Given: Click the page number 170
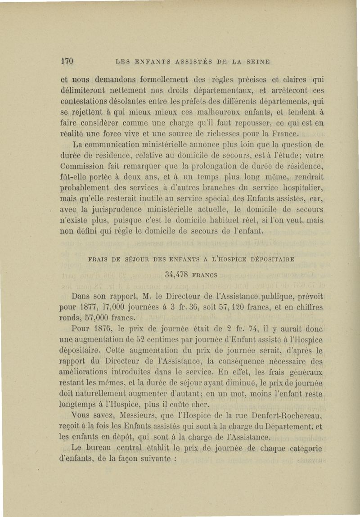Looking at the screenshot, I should (67, 61).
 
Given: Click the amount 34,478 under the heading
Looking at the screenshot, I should (176, 274).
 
